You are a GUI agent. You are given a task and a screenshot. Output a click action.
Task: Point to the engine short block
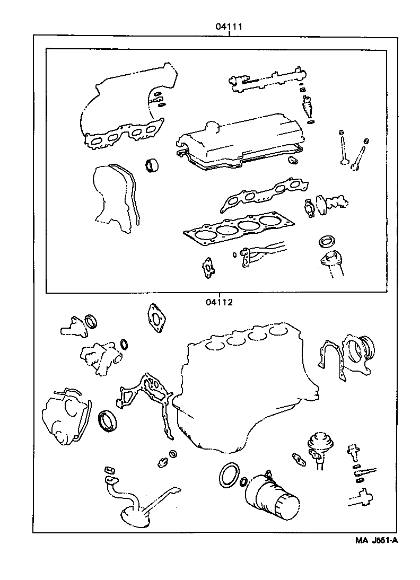(x=244, y=382)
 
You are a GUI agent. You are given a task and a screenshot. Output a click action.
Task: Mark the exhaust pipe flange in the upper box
(x=331, y=262)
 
